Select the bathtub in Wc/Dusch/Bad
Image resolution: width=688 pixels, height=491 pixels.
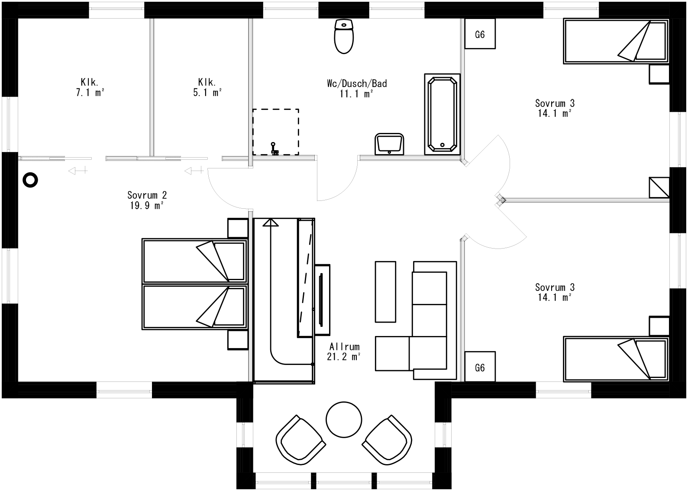(x=442, y=114)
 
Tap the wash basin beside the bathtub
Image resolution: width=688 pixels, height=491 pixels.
(x=390, y=144)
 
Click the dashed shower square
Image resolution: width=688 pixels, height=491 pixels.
(x=275, y=132)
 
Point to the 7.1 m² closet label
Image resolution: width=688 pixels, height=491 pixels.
(x=90, y=87)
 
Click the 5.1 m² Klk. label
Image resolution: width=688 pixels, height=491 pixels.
(x=207, y=87)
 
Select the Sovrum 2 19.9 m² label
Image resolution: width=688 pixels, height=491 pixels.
(x=147, y=200)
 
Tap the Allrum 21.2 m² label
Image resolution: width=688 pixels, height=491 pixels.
(x=344, y=352)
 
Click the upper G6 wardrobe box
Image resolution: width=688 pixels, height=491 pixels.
(x=480, y=34)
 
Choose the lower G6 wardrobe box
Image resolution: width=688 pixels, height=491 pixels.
(x=480, y=367)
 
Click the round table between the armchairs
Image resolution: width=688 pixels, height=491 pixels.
(x=344, y=420)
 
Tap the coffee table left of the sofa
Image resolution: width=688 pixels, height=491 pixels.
(x=385, y=291)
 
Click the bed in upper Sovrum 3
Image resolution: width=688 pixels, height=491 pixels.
(x=615, y=42)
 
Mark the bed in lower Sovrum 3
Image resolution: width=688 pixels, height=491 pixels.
(x=615, y=359)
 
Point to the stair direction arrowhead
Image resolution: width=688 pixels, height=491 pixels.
(x=271, y=222)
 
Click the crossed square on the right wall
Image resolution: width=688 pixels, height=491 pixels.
(x=659, y=187)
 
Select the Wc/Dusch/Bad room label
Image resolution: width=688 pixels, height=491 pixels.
(x=357, y=88)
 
